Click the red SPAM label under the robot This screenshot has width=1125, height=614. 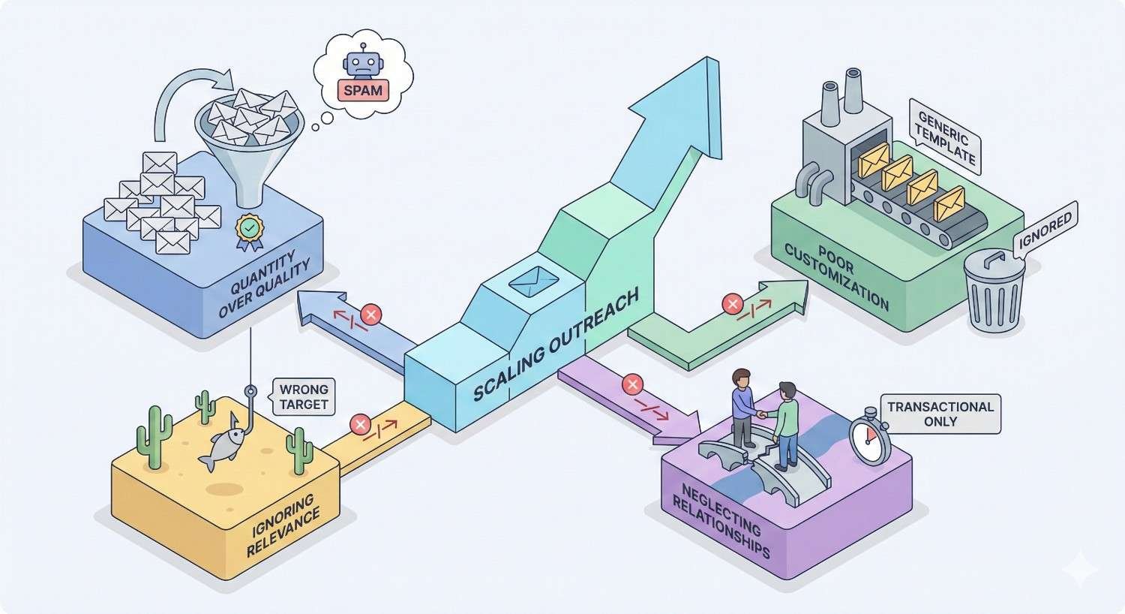[x=363, y=91]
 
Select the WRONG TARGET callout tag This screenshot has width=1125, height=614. [x=303, y=396]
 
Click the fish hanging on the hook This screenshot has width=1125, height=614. [x=223, y=447]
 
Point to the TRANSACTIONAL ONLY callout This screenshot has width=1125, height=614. [x=940, y=414]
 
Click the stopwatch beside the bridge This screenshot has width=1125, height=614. [x=870, y=438]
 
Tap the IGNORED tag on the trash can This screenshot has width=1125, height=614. [x=1045, y=230]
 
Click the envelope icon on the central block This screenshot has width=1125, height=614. [x=533, y=282]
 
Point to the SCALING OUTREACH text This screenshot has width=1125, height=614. [x=555, y=346]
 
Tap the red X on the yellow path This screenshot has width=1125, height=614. [x=361, y=425]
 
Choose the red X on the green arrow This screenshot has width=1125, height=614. [x=731, y=304]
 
